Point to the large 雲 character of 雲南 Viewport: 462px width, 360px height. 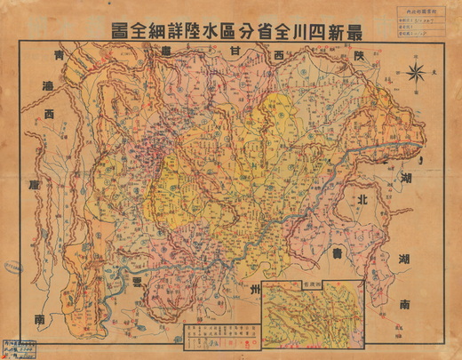(x=136, y=277)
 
